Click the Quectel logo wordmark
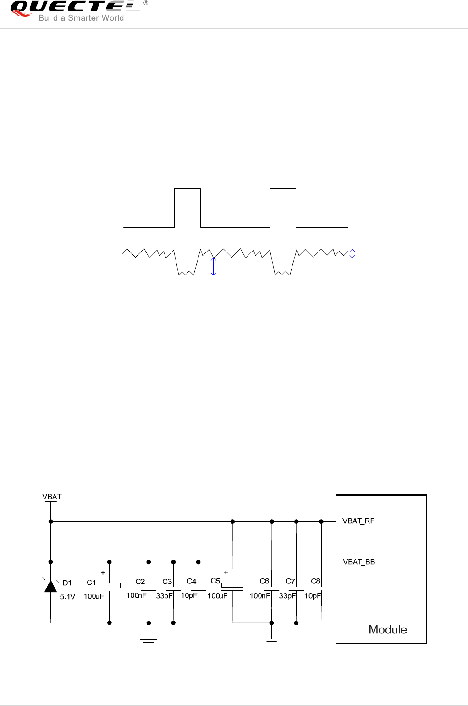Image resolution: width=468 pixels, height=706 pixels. [x=76, y=6]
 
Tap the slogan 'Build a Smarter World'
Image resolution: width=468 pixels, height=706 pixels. [x=81, y=18]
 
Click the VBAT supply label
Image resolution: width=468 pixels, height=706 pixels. [x=52, y=497]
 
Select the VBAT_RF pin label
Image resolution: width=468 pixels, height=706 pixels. [x=358, y=521]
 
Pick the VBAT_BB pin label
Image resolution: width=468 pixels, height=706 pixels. [x=359, y=562]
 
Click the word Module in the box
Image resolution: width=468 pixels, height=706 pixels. [x=388, y=630]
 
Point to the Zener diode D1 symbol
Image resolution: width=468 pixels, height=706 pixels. [x=51, y=586]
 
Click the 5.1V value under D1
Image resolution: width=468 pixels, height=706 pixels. [x=67, y=597]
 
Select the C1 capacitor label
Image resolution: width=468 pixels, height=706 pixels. [x=91, y=583]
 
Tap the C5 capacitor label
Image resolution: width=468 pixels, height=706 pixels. [x=215, y=581]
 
